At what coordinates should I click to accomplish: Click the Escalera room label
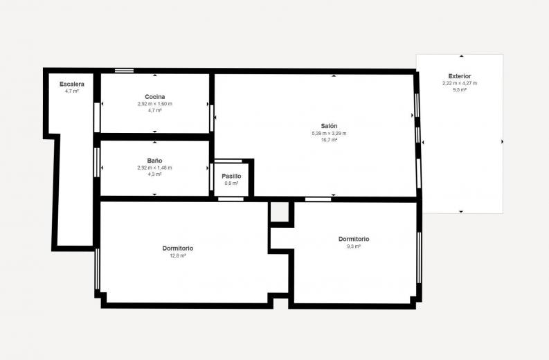coord(72,84)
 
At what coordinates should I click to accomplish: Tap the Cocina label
coord(155,97)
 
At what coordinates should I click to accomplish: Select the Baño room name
coord(154,161)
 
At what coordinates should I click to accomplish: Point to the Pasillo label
coord(231,176)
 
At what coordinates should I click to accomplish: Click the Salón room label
coord(329,126)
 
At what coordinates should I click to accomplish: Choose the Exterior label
coord(460,76)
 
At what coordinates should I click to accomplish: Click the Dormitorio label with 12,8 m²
coord(177,248)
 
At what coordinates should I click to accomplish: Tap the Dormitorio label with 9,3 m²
coord(354,239)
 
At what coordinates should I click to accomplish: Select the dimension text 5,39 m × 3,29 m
coord(329,134)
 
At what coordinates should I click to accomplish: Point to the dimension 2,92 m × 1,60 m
coord(155,104)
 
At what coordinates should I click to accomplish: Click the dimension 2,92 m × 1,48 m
coord(154,168)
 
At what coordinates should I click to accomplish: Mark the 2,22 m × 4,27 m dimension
coord(460,83)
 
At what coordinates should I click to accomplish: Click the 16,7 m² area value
coord(329,140)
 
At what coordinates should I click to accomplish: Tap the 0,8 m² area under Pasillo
coord(231,183)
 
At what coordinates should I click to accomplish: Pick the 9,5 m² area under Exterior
coord(460,89)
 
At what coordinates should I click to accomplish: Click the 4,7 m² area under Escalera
coord(72,91)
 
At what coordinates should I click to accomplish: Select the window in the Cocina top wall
coord(125,71)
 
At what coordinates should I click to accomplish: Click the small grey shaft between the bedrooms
coord(280,212)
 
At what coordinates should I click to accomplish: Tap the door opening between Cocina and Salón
coord(211,118)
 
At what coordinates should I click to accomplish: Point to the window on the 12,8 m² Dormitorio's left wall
coord(98,269)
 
